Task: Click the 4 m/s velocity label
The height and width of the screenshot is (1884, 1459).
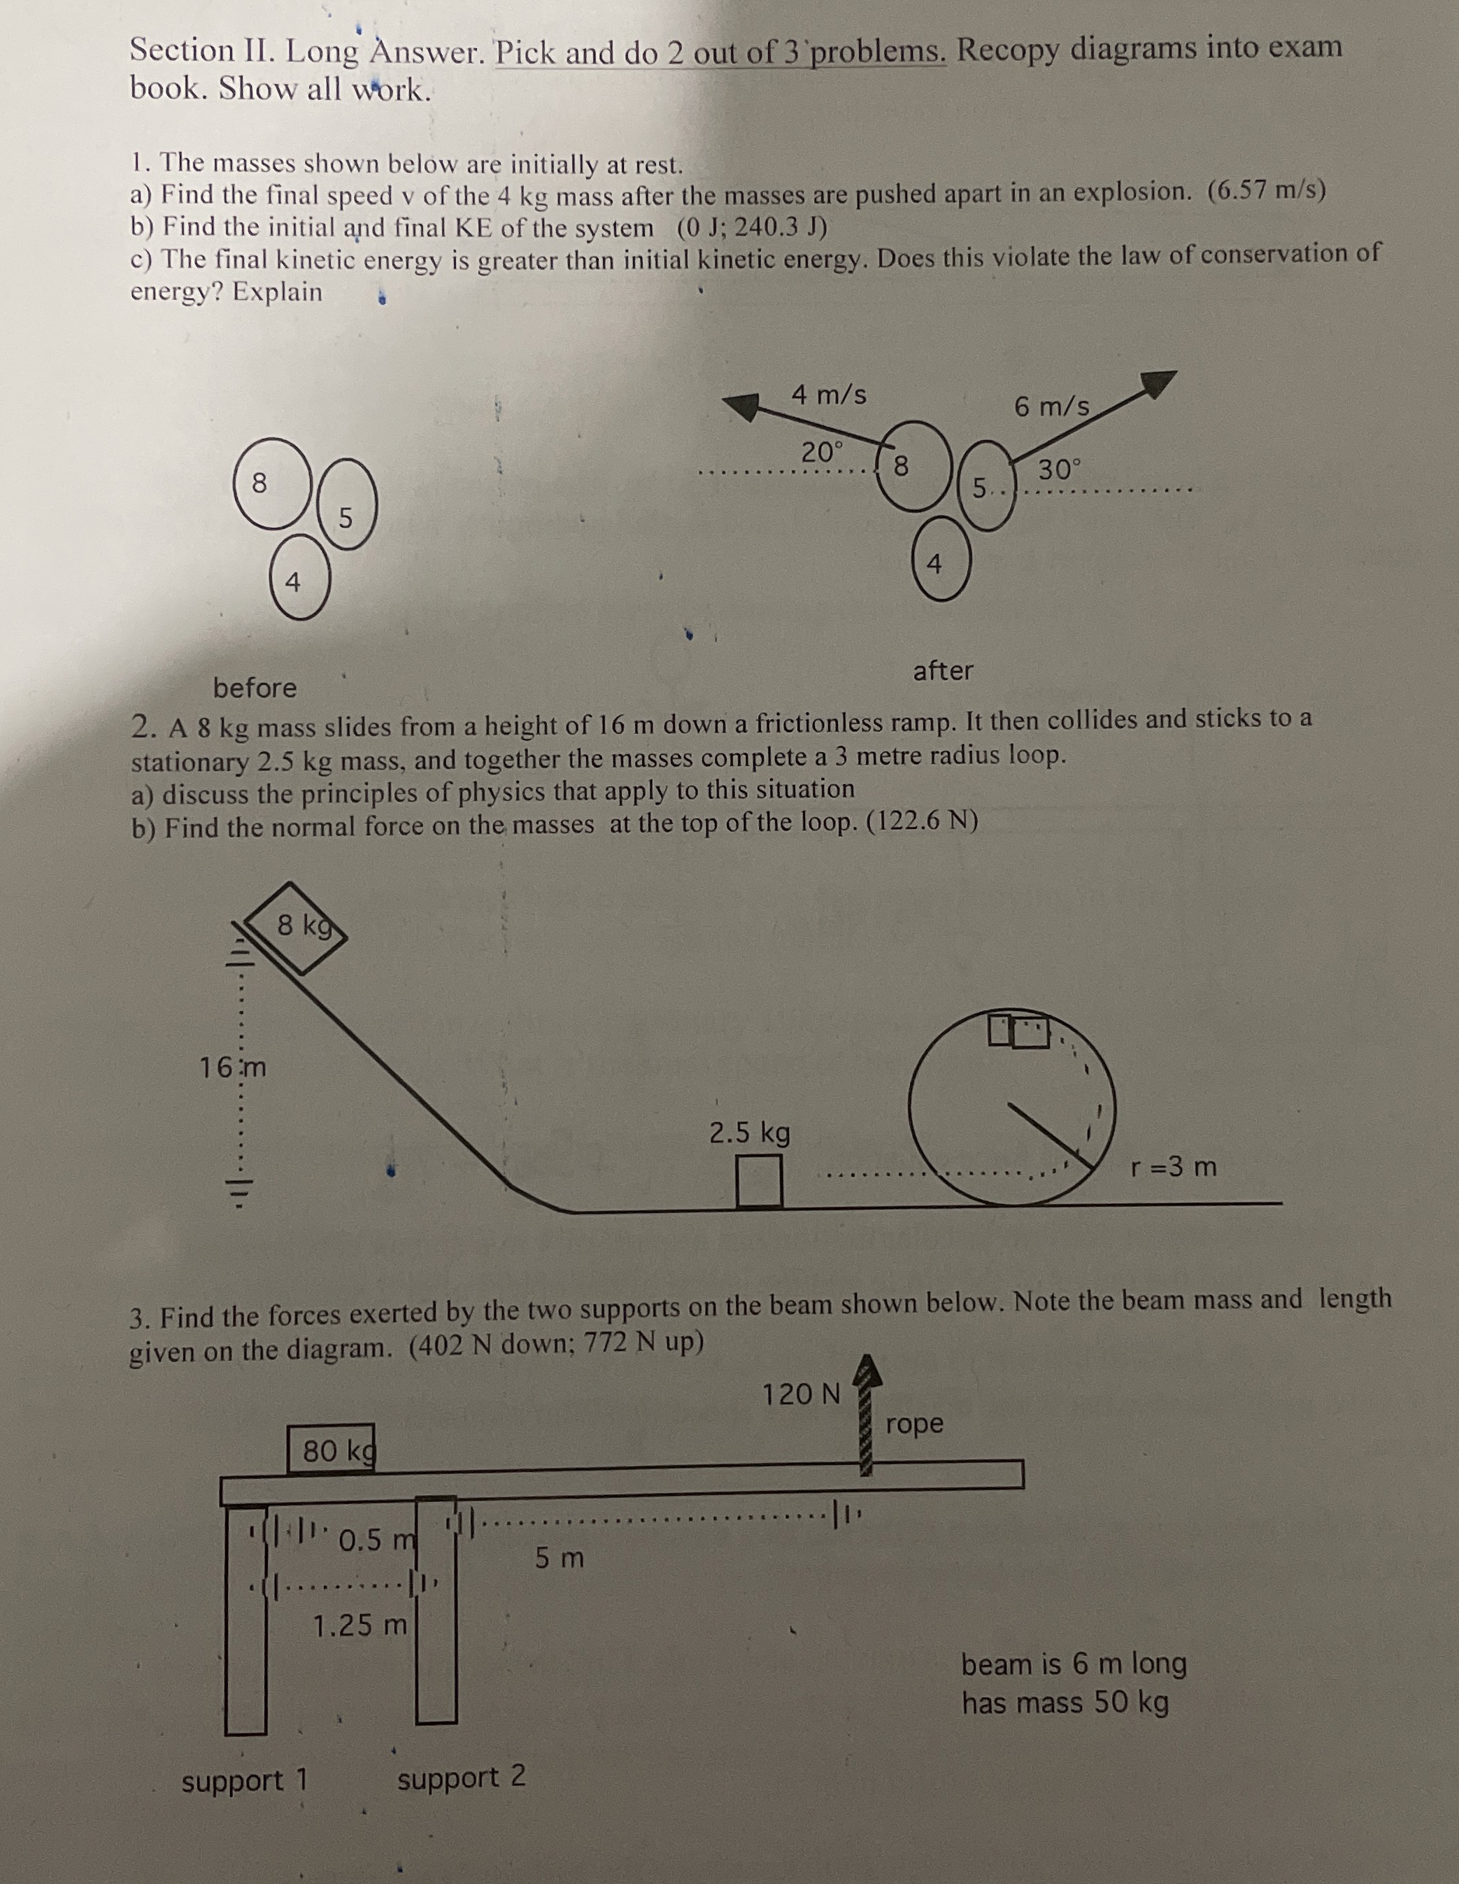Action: (829, 395)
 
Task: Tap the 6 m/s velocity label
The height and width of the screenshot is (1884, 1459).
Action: (1051, 406)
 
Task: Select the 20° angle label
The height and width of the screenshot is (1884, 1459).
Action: (823, 451)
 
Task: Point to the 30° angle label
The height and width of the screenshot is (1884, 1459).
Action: (1059, 470)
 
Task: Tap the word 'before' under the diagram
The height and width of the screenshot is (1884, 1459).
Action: (255, 688)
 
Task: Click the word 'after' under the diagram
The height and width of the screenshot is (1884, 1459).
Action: (943, 670)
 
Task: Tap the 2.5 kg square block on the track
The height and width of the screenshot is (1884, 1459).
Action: (759, 1181)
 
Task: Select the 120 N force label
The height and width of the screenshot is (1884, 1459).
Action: (801, 1393)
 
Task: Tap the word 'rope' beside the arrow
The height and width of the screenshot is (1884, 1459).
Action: (915, 1422)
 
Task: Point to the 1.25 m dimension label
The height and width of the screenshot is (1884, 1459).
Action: (359, 1626)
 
